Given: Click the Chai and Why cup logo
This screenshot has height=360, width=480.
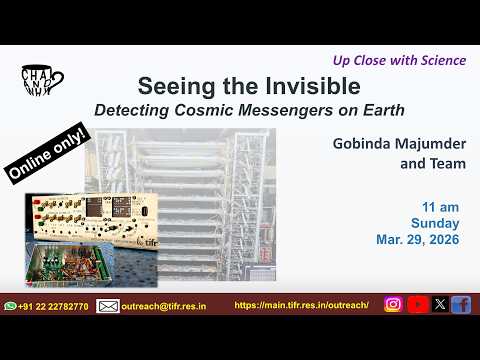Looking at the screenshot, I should pos(41,81).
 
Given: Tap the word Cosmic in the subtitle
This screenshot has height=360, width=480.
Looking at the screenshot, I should pos(248,107).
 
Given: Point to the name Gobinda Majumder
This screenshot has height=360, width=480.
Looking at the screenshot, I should pos(400,142).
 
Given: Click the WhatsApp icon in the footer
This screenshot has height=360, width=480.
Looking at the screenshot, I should pos(10,305).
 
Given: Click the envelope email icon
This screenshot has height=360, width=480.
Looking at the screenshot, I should pos(108,305).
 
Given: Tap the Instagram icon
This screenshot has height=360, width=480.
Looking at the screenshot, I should pos(393,305).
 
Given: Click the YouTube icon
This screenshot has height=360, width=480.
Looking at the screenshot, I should pos(417,305).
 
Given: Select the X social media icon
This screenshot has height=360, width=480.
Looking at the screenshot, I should pos(440,305).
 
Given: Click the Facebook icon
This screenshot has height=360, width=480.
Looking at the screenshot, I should pos(461,305).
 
